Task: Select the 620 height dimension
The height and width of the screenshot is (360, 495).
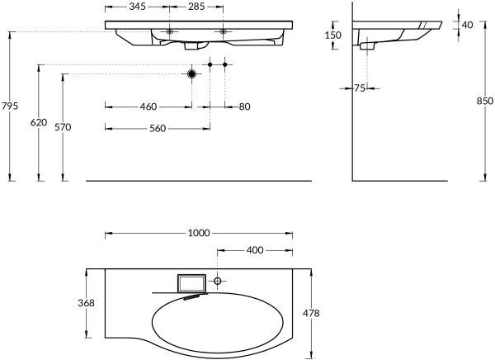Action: click(38, 122)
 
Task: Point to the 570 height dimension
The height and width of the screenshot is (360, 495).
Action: click(64, 127)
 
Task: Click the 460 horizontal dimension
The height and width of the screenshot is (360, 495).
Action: click(148, 107)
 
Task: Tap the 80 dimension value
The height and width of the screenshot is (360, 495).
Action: click(244, 107)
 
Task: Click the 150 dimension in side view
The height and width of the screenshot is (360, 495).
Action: click(332, 36)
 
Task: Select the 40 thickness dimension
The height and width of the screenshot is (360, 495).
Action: click(467, 25)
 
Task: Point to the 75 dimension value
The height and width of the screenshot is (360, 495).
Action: click(359, 88)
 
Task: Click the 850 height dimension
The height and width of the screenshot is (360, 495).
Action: click(484, 101)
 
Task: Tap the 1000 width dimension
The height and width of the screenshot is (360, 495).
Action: click(198, 234)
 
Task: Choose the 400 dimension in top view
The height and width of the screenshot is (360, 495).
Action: click(254, 249)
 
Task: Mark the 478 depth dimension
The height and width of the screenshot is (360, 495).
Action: click(312, 313)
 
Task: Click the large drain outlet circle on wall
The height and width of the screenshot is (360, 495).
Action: click(192, 74)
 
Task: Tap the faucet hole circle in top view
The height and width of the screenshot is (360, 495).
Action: click(218, 282)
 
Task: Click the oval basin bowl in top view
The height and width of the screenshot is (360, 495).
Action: click(219, 321)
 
